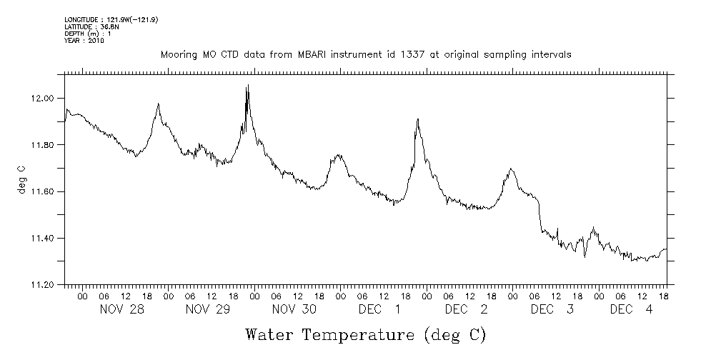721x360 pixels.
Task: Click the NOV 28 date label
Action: (x=119, y=309)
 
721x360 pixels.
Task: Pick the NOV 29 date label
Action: (x=204, y=309)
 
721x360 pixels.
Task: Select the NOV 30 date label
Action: (x=290, y=309)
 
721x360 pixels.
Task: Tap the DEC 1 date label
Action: (x=379, y=309)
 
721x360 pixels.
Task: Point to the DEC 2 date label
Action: (x=465, y=309)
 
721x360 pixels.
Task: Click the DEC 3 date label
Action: (x=551, y=309)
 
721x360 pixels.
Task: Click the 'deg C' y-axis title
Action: (x=22, y=181)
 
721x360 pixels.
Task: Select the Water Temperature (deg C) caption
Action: (x=366, y=334)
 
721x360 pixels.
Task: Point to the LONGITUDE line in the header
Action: (x=111, y=19)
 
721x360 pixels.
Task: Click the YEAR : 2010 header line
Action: (x=84, y=41)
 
